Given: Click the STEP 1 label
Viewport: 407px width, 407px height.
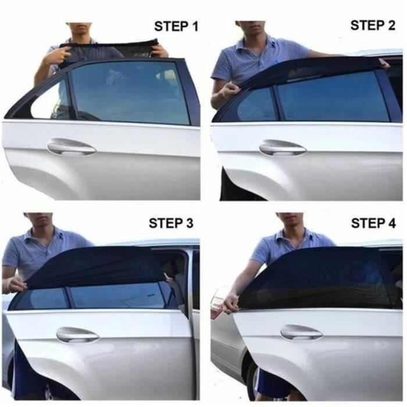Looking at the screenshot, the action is pos(176,27).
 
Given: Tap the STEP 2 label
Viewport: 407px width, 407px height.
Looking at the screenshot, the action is pos(373,25).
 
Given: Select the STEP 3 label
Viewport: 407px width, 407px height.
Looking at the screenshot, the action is pos(171,223).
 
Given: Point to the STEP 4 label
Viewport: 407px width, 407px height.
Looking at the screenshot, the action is pos(373,223).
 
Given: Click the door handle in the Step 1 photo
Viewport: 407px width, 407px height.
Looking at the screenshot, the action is pos(72,147).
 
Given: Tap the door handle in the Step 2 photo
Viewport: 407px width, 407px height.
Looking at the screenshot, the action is pos(283,148).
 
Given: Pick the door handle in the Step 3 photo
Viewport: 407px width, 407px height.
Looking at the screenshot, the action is pos(77,335).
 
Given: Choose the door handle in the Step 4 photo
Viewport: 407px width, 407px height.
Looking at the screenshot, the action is pos(301,332).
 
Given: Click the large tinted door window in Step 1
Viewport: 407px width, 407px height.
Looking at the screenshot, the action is pos(130,92).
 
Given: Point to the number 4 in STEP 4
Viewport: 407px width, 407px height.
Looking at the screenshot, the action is pos(391,223).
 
